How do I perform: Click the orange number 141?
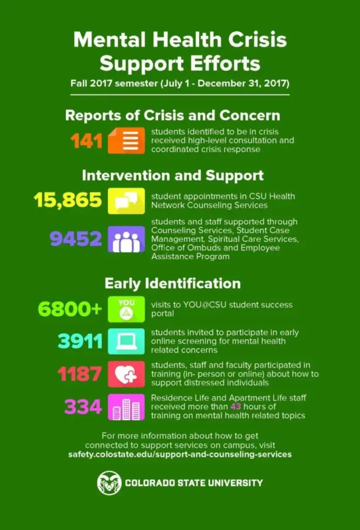(x=86, y=141)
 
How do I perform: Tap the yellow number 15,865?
(x=68, y=200)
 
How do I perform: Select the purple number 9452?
(x=76, y=239)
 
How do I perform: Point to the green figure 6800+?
(x=70, y=309)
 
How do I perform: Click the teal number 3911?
(x=80, y=341)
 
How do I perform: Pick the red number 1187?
(x=79, y=374)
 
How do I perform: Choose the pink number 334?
(x=83, y=407)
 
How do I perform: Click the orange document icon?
(x=126, y=141)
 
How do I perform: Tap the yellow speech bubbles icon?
(x=126, y=201)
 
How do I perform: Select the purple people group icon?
(x=126, y=239)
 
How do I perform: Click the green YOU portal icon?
(x=126, y=309)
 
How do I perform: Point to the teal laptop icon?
(x=126, y=342)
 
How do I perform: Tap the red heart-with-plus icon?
(x=126, y=374)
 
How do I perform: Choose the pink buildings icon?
(x=126, y=407)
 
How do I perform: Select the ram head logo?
(x=109, y=482)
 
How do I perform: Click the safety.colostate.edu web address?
(x=179, y=454)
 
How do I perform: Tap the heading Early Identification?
(x=172, y=284)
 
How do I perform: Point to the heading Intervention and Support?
(x=173, y=175)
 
